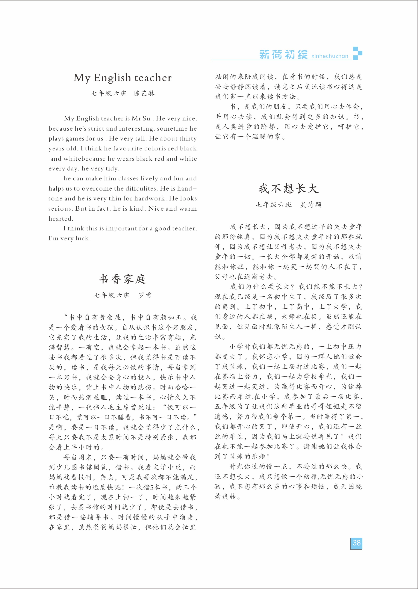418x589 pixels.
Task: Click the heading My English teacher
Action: (122, 78)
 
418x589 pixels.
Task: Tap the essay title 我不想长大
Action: (288, 188)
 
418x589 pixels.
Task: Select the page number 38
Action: (357, 543)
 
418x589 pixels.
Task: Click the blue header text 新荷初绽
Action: (283, 54)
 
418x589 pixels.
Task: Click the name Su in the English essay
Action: (146, 118)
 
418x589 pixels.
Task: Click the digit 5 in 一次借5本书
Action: (152, 487)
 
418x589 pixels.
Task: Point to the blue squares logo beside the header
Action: (358, 53)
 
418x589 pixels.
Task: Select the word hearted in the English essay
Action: (61, 219)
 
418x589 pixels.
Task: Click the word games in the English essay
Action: (75, 138)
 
